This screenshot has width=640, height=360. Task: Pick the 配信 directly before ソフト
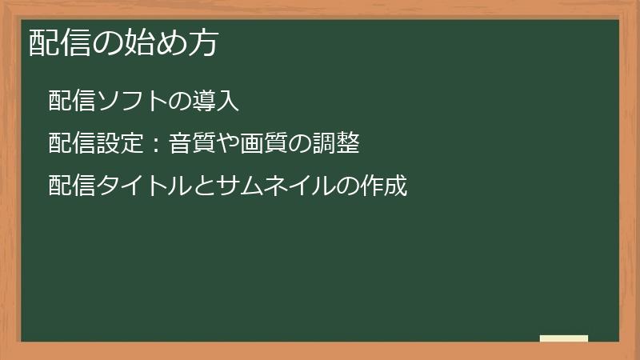70,102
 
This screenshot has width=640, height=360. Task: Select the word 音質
191,144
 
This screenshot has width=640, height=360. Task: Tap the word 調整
336,144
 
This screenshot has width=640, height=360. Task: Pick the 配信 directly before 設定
70,144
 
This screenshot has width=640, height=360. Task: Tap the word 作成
385,186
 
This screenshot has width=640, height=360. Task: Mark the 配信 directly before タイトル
70,186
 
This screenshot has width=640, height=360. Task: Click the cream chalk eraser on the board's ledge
564,338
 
